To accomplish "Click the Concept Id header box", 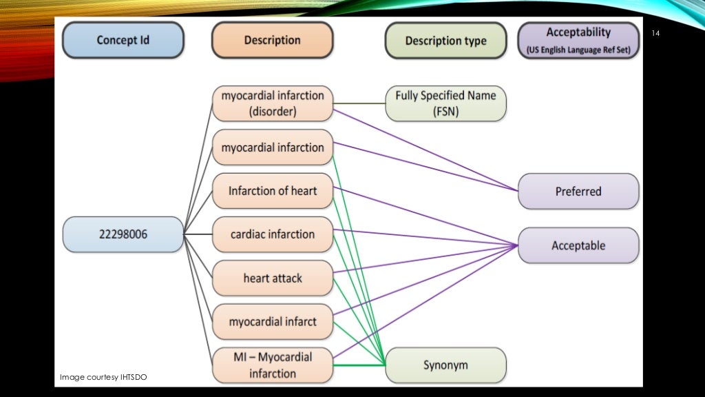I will pyautogui.click(x=123, y=40).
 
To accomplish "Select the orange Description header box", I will pyautogui.click(x=272, y=40).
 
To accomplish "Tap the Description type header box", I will pyautogui.click(x=445, y=41).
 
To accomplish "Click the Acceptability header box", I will pyautogui.click(x=578, y=40).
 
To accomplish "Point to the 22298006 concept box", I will pyautogui.click(x=123, y=234).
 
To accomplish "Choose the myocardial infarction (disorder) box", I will pyautogui.click(x=272, y=103).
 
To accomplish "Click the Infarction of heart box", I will pyautogui.click(x=272, y=191).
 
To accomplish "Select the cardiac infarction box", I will pyautogui.click(x=272, y=234).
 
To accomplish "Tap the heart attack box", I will pyautogui.click(x=272, y=278).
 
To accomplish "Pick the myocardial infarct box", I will pyautogui.click(x=272, y=322).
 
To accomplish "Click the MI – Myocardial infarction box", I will pyautogui.click(x=272, y=365).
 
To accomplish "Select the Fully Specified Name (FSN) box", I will pyautogui.click(x=445, y=103).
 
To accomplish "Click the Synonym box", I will pyautogui.click(x=445, y=365).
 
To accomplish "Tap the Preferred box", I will pyautogui.click(x=578, y=192).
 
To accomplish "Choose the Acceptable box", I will pyautogui.click(x=578, y=245).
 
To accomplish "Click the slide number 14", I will pyautogui.click(x=655, y=34).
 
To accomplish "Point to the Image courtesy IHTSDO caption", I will pyautogui.click(x=103, y=377).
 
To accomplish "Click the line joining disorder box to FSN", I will pyautogui.click(x=359, y=103).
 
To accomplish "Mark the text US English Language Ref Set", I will pyautogui.click(x=578, y=50).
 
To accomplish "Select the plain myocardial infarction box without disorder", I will pyautogui.click(x=272, y=147).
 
